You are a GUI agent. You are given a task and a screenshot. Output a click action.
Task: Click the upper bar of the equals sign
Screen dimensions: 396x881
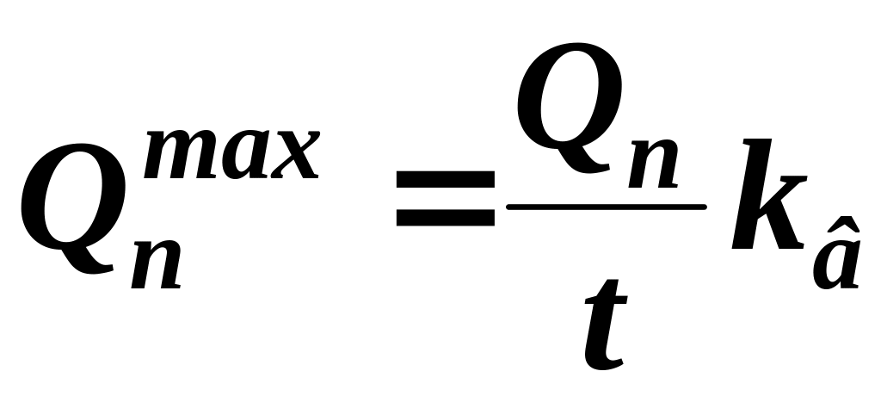tap(445, 178)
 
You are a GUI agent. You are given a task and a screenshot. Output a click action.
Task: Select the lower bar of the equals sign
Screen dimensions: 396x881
tap(445, 214)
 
